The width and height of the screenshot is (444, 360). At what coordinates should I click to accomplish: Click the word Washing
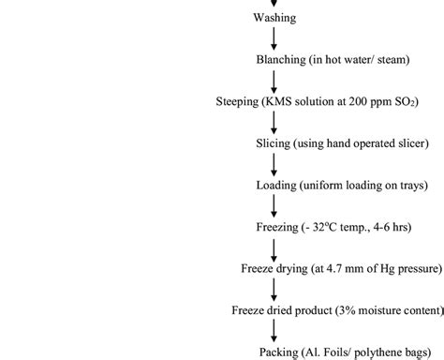pos(274,17)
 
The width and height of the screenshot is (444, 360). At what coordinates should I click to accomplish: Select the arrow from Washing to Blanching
pos(274,38)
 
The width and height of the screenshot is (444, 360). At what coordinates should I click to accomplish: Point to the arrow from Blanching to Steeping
pos(274,81)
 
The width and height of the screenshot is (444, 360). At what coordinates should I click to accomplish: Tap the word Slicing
pos(273,143)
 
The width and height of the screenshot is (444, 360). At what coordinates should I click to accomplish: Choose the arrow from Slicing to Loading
pos(274,164)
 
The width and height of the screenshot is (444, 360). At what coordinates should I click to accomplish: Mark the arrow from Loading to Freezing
pos(274,205)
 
